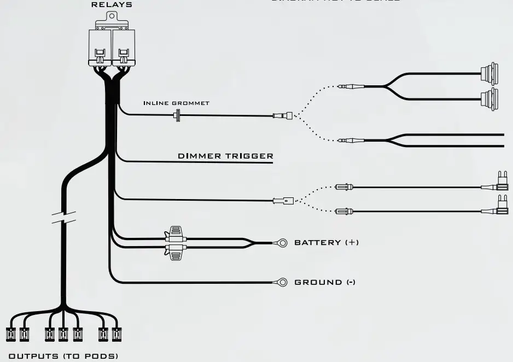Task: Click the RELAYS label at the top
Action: pos(111,5)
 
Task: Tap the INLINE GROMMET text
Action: pos(176,103)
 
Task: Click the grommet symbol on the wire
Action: pos(177,115)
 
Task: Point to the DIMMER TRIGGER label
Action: pos(225,156)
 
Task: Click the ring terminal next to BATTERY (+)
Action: pos(281,242)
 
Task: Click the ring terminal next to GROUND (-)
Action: pos(281,282)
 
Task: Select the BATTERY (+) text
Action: pos(327,242)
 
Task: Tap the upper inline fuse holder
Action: pos(176,235)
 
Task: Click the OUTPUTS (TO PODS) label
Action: pos(63,356)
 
